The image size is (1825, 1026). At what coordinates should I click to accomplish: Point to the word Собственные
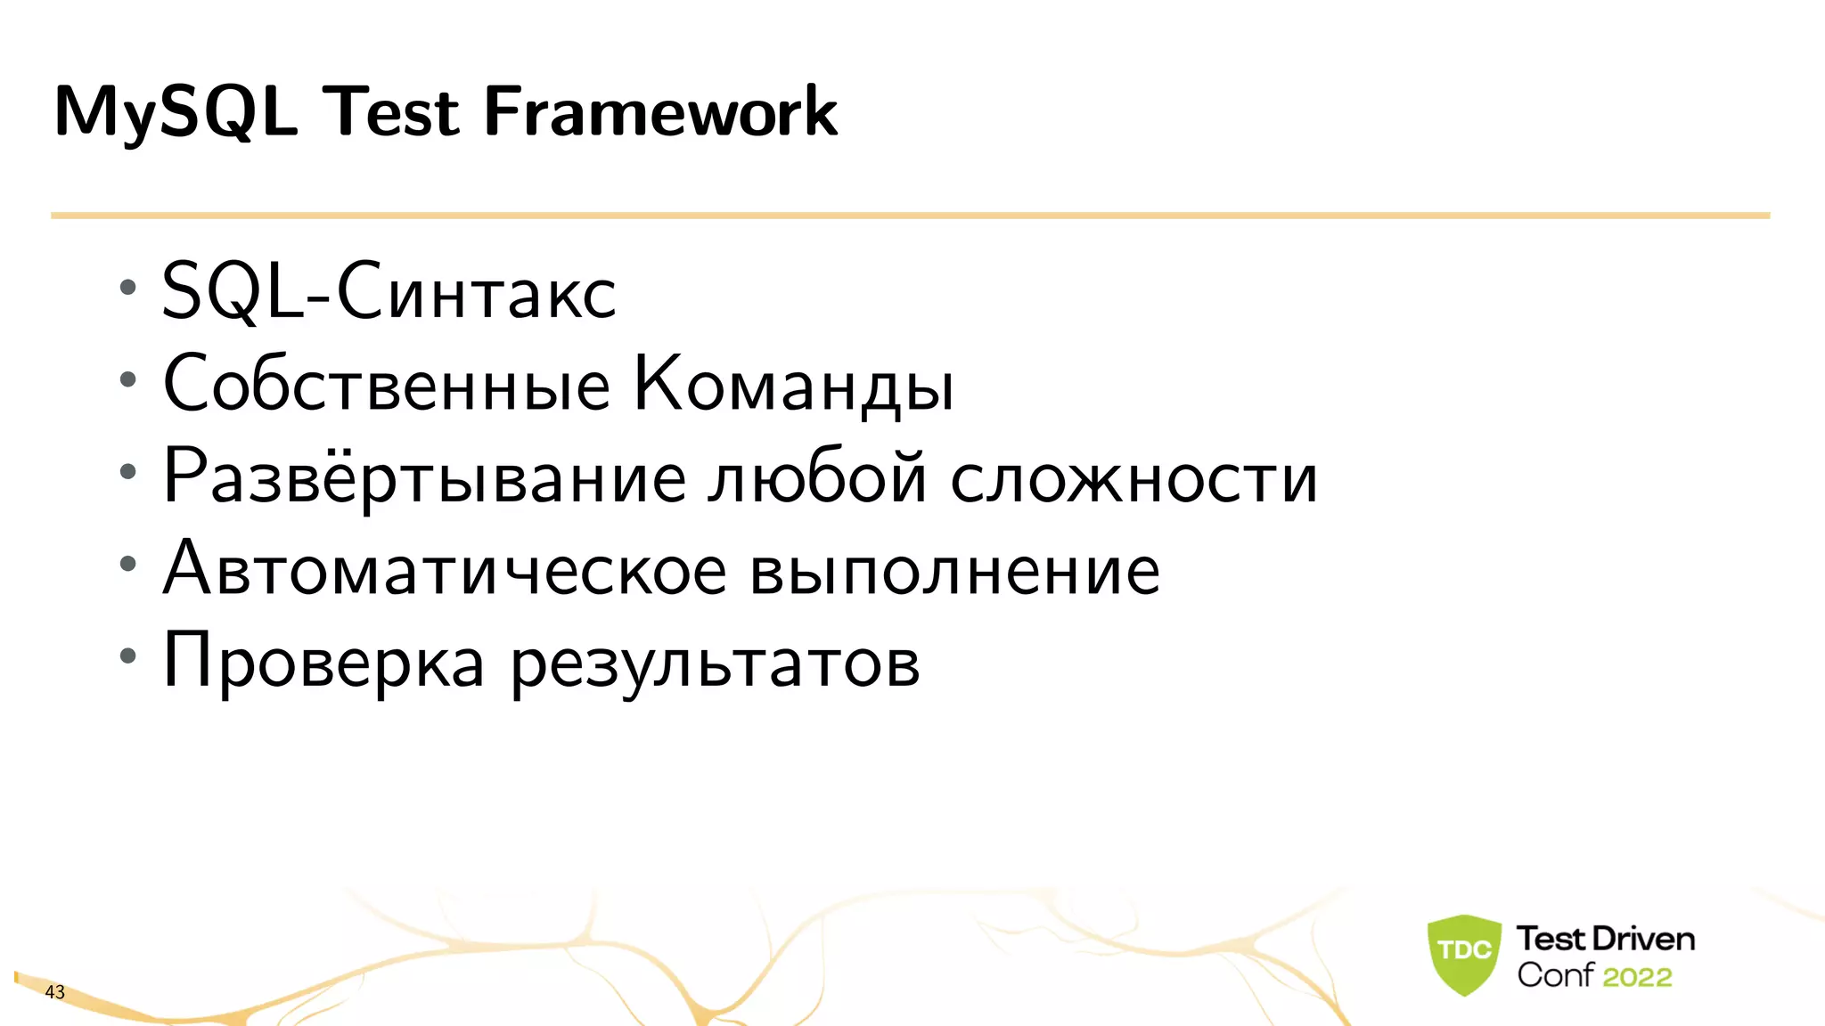(387, 385)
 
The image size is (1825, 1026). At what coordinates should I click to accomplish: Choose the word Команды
(793, 385)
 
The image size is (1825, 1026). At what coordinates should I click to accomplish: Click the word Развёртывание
(424, 477)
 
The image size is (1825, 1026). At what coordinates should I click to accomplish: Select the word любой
(817, 477)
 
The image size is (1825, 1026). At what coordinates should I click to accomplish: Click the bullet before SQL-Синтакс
(128, 288)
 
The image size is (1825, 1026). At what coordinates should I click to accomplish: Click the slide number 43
(54, 992)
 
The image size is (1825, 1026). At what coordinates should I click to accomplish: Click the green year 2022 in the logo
(1637, 977)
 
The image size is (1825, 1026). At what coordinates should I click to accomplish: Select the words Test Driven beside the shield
(1605, 939)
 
